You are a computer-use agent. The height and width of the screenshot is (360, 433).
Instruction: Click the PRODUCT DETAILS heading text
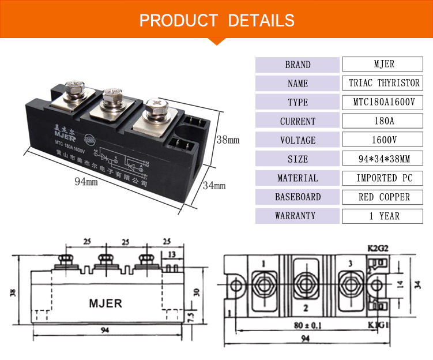216,20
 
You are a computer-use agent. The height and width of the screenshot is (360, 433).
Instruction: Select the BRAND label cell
298,65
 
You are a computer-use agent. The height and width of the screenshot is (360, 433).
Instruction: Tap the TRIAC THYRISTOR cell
384,83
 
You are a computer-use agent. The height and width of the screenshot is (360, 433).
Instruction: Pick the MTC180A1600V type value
384,102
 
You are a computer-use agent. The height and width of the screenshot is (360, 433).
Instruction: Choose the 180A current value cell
384,121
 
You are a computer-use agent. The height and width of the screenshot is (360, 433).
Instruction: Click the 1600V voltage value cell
384,140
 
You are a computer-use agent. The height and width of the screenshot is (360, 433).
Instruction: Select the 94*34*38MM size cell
384,159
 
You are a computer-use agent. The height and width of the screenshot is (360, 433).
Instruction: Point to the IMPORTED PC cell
384,178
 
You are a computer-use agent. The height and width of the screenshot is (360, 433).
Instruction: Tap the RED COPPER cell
384,197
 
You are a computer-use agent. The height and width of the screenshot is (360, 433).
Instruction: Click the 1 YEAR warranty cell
384,216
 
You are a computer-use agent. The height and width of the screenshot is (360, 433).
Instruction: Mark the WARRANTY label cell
298,216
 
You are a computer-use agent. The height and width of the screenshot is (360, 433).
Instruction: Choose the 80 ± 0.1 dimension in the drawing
306,324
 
